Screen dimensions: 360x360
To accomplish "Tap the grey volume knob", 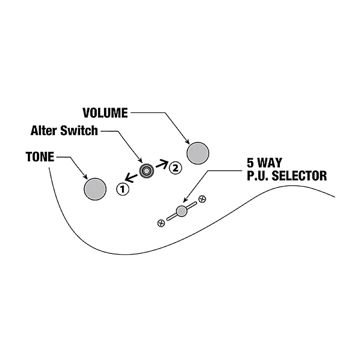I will point(198,153).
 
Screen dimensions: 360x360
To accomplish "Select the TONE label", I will point(40,157).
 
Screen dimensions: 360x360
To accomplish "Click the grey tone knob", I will point(94,188).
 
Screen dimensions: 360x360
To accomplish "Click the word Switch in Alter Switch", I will point(81,131).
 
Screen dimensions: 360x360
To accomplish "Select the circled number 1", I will point(122,188).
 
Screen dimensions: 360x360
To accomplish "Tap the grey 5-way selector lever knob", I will point(182,210).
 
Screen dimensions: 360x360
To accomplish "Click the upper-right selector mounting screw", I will point(202,198).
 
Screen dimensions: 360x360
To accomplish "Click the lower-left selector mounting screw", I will point(161,222).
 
